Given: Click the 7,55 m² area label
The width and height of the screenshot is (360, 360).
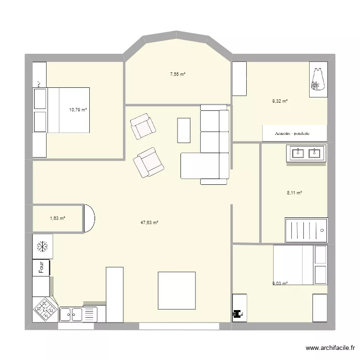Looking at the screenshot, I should coord(177,74).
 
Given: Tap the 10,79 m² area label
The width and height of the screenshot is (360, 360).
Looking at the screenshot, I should coord(78,109).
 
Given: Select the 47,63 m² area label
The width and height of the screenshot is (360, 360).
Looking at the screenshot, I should coord(149,222).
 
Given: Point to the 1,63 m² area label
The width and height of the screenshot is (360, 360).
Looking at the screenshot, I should coord(57,218).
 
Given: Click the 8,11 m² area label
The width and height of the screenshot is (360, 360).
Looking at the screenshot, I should coord(294,193).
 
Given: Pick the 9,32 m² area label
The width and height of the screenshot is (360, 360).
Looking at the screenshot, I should coord(279,101).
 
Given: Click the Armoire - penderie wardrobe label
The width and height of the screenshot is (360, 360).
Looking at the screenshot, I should coord(294,133).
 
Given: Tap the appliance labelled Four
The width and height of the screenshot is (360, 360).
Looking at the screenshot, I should coord(41,267).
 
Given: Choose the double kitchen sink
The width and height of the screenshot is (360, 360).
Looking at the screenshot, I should coord(72,314).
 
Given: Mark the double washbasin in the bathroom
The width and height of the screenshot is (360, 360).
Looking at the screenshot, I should coord(306,154).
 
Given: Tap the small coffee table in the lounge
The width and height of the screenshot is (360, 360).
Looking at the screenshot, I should coord(184,130).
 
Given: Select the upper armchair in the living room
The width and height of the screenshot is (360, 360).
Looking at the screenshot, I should coord(143,126).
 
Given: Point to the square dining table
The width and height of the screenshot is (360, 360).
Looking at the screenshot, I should coord(177,291).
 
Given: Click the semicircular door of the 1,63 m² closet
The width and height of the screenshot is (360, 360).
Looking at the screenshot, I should coord(89,218).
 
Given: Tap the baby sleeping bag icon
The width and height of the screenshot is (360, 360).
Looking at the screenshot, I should coord(317,80).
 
